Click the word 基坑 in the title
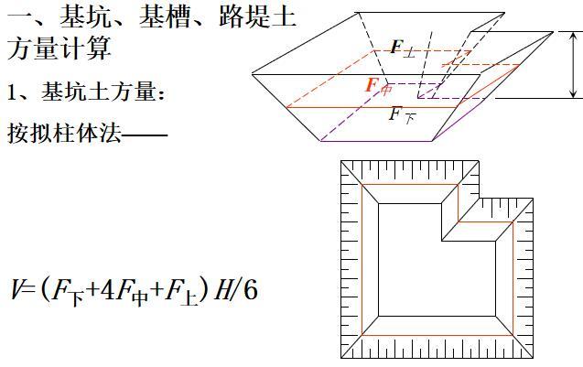tap(85, 17)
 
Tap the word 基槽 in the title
tap(165, 17)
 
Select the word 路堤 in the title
tap(244, 17)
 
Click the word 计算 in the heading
tap(85, 49)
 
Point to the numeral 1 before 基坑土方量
tap(12, 92)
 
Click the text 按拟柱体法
tap(64, 133)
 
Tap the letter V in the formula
tap(16, 289)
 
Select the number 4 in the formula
tap(108, 289)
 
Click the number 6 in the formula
tap(250, 289)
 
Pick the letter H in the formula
tap(222, 289)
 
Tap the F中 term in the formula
tap(132, 292)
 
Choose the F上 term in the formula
tap(181, 292)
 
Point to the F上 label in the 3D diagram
tap(403, 49)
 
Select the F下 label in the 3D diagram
tap(403, 115)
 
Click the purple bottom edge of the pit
tap(376, 141)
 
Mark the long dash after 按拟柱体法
tap(145, 135)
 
